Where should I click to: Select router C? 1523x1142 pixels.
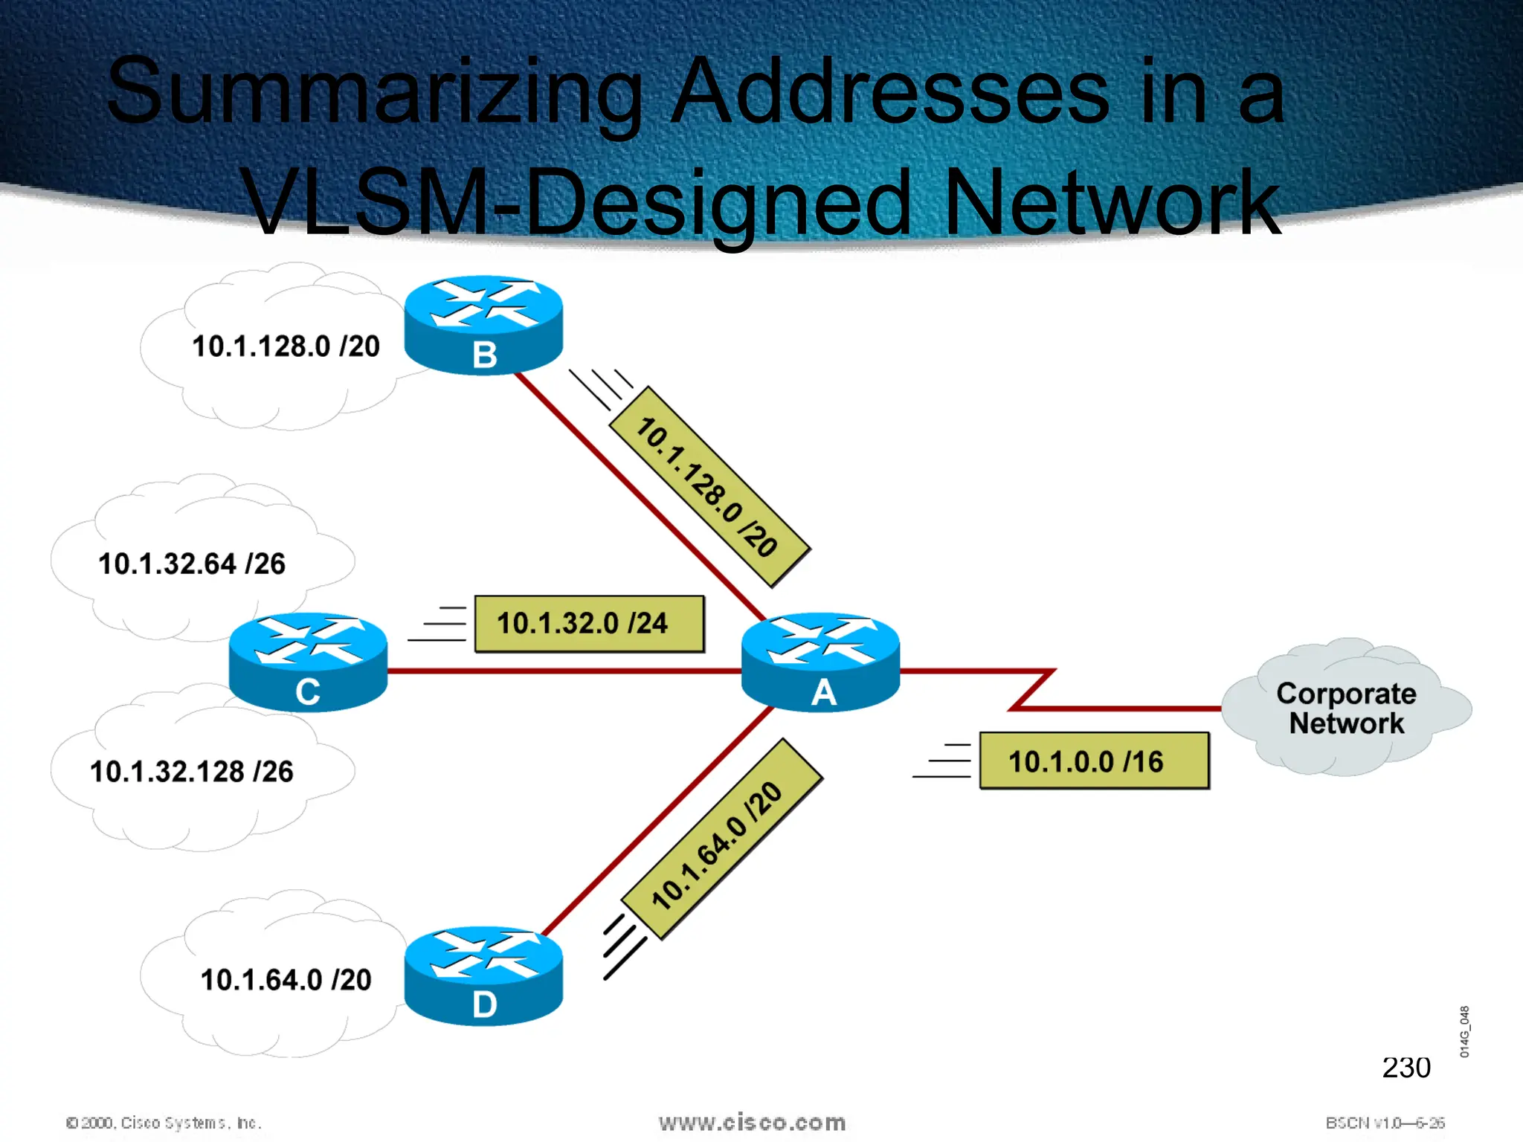coord(308,662)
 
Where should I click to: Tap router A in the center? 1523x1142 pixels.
coord(821,662)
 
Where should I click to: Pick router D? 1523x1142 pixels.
coord(483,976)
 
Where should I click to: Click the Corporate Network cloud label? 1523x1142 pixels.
coord(1346,708)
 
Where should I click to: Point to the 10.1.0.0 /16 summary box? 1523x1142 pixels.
coord(1094,761)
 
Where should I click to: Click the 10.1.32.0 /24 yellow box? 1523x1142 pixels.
coord(589,624)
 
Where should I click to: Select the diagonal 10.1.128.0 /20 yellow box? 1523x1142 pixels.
coord(709,487)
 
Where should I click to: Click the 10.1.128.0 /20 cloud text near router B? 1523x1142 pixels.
coord(286,346)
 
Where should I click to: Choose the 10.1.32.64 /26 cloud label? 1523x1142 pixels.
coord(192,564)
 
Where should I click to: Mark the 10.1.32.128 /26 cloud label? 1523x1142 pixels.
coord(192,772)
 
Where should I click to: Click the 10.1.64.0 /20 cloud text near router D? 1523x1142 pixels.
coord(286,980)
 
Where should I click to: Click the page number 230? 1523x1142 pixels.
coord(1406,1068)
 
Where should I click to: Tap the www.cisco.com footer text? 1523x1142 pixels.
coord(752,1122)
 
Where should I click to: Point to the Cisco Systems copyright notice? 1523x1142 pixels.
coord(164,1123)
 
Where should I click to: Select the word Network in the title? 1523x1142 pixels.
coord(1112,202)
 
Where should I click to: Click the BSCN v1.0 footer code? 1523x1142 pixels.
coord(1385,1123)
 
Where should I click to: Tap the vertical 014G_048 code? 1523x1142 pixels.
coord(1464,1031)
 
